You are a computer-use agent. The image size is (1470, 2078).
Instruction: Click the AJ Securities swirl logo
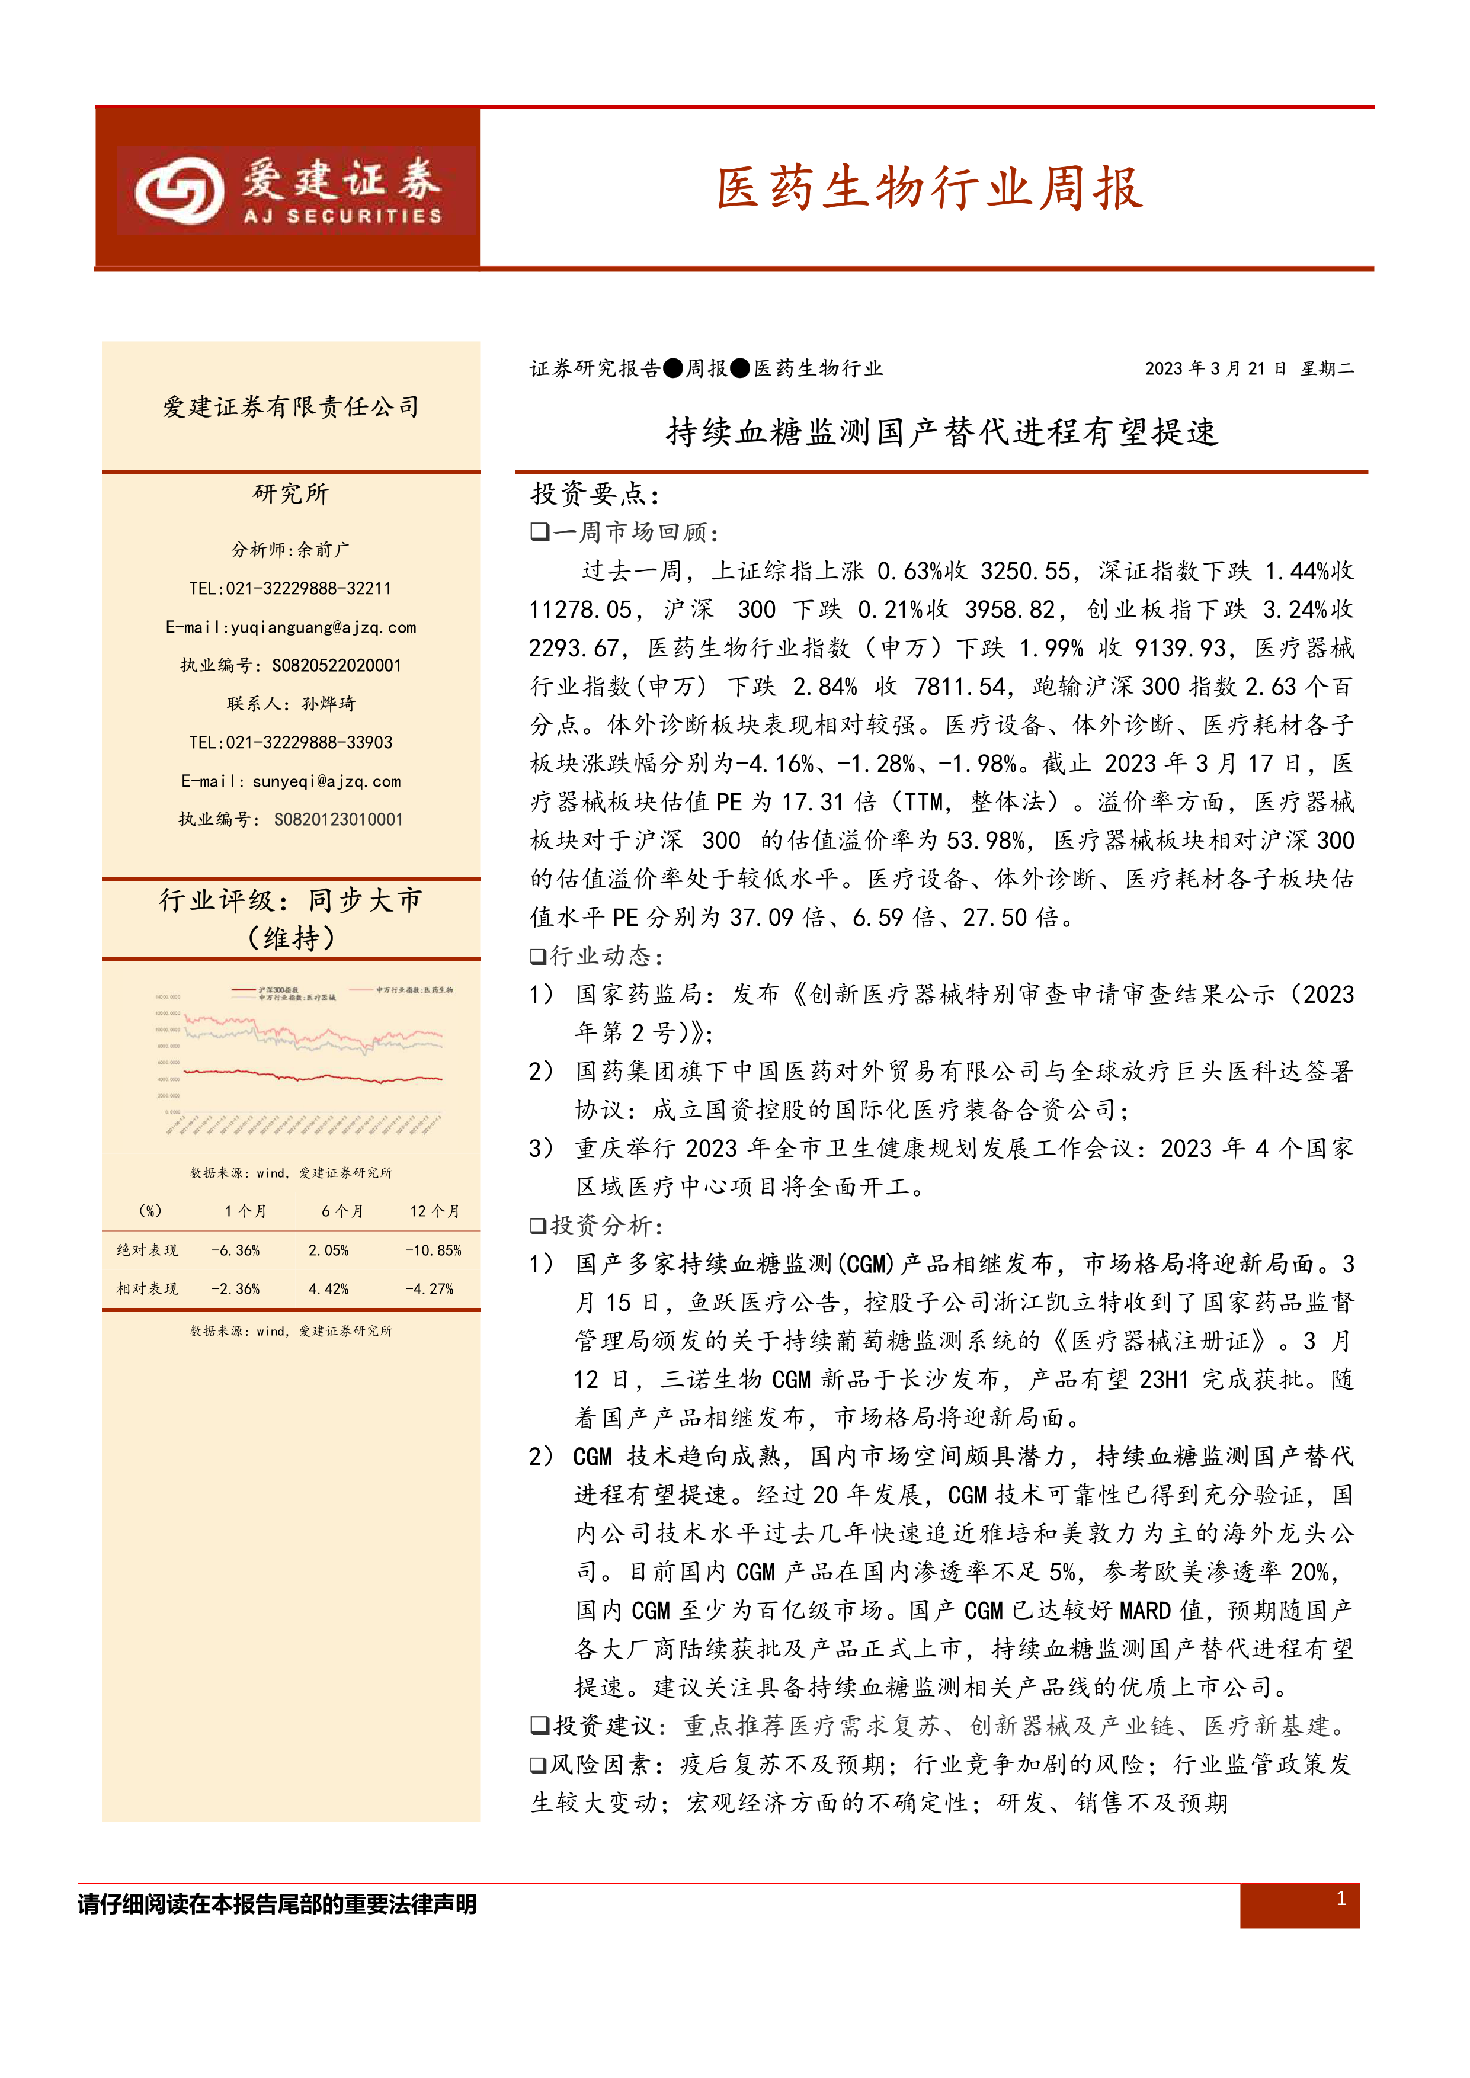pyautogui.click(x=179, y=190)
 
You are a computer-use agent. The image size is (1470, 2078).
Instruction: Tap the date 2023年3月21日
pyautogui.click(x=1215, y=368)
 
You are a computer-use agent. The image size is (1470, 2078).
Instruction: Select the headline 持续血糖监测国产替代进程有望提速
pyautogui.click(x=941, y=432)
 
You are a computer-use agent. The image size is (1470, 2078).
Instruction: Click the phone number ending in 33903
pyautogui.click(x=290, y=743)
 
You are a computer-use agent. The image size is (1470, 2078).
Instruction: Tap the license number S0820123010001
pyautogui.click(x=338, y=820)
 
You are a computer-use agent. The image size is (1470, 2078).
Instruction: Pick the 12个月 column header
pyautogui.click(x=434, y=1211)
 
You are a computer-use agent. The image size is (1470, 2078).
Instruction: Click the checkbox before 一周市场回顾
pyautogui.click(x=540, y=532)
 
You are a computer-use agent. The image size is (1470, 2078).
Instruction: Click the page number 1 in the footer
pyautogui.click(x=1341, y=1898)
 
